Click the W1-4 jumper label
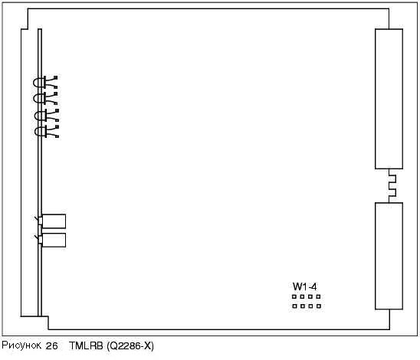[304, 286]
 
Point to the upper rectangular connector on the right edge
[389, 99]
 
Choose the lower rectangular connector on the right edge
[389, 256]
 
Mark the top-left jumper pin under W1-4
[294, 297]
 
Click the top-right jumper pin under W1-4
[318, 297]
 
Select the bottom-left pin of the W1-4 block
[294, 306]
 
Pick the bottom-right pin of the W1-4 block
[319, 306]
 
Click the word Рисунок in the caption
[21, 345]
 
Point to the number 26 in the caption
[51, 346]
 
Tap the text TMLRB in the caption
[86, 345]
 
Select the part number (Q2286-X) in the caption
[130, 346]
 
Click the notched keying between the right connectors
[392, 186]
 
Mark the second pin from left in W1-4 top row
[302, 297]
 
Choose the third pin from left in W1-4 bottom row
[310, 306]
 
